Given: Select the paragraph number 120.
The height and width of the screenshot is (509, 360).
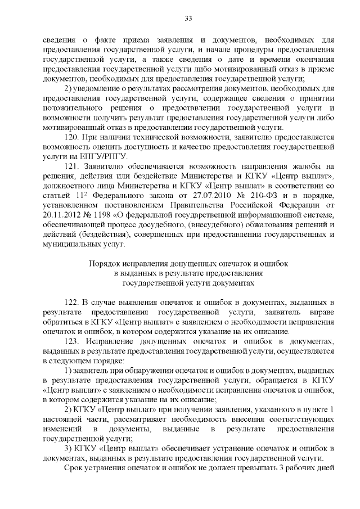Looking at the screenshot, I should point(72,137).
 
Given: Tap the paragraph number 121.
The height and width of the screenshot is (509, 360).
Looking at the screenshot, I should point(72,166).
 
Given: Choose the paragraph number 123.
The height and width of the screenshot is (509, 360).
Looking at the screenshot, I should point(72,341).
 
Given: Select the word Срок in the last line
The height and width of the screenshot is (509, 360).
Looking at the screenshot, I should point(75,469).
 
